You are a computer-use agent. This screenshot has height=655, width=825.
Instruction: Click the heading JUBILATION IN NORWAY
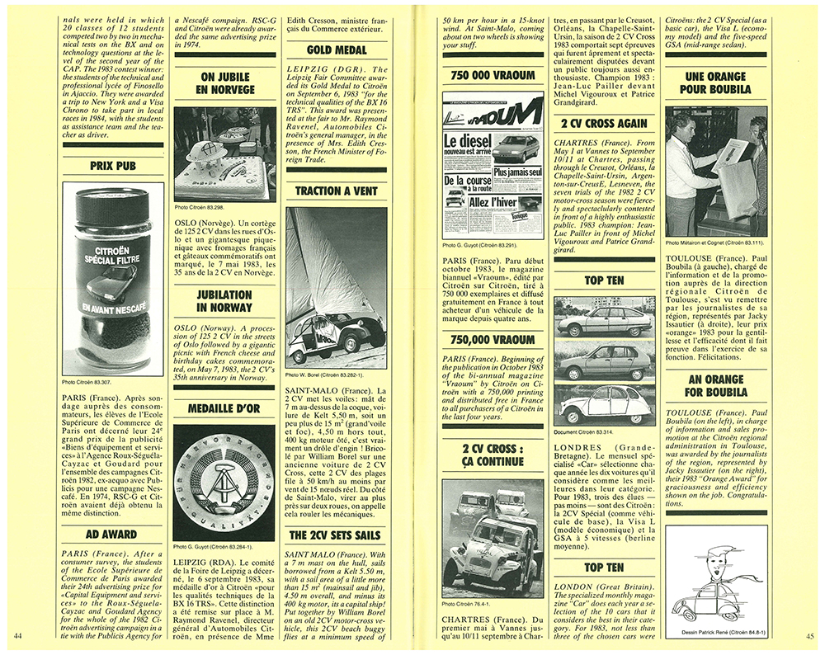click(x=224, y=301)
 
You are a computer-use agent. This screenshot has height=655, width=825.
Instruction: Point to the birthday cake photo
click(x=224, y=153)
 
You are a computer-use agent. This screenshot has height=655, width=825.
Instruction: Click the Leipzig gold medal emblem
click(x=224, y=482)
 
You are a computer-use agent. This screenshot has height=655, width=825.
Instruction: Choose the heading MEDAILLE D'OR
click(x=224, y=409)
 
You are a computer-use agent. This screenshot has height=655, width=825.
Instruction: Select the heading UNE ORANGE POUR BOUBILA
click(x=715, y=82)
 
